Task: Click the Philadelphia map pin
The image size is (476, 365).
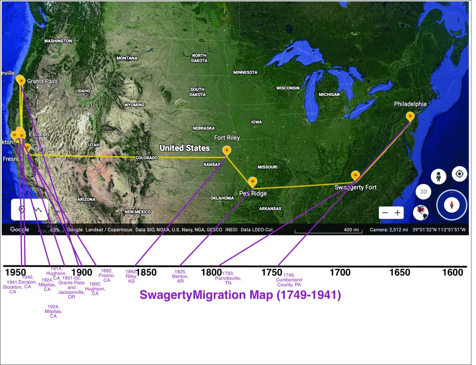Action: pos(410,116)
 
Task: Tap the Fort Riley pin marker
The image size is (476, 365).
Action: pos(226,150)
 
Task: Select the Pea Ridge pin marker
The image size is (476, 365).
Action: pos(252,182)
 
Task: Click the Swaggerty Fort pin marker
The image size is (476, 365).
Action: pos(356,176)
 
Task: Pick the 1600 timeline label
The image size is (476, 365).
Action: pos(453,272)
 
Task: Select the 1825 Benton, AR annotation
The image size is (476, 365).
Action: pos(180,277)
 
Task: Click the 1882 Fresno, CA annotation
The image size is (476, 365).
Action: pos(107,276)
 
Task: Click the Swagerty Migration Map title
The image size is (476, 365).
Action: pos(240,295)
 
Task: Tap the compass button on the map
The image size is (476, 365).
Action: pos(451,205)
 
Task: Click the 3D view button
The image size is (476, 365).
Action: pos(423,191)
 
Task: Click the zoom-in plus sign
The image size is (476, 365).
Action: pos(397,212)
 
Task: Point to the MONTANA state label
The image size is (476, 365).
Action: pos(127,58)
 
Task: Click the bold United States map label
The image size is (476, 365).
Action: pos(185,148)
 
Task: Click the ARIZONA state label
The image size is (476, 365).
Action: pos(86,199)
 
